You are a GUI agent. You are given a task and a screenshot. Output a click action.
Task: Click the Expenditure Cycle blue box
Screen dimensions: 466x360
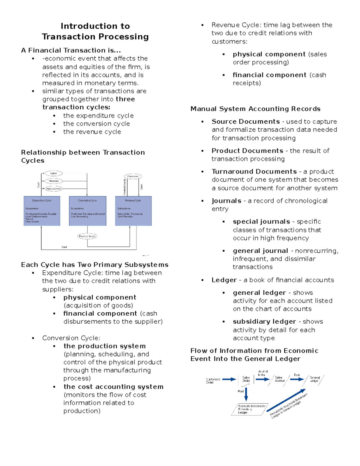[x=42, y=211]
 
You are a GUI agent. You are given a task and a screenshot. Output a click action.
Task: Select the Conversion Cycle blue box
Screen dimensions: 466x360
[x=88, y=211]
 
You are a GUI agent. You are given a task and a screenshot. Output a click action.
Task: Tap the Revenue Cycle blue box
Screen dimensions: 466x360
[x=133, y=211]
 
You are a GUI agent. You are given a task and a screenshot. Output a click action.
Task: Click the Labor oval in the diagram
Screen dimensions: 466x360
[x=53, y=173]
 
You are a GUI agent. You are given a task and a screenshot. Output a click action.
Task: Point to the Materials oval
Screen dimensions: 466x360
[x=53, y=181]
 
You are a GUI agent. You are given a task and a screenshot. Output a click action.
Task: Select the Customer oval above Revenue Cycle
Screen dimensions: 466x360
[x=133, y=176]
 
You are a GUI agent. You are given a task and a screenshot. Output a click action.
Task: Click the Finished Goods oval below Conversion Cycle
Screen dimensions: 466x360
[x=87, y=236]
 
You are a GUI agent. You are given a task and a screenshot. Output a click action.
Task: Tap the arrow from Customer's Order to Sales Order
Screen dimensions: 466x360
[x=229, y=379]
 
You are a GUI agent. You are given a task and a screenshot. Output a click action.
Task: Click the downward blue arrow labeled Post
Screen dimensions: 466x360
[x=246, y=394]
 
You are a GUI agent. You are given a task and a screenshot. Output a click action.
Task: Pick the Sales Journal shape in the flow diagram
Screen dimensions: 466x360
[x=280, y=379]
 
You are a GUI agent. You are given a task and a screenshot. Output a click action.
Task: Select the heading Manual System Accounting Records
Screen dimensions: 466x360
[x=255, y=109]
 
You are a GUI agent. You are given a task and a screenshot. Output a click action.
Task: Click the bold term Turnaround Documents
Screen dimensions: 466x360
[x=254, y=171]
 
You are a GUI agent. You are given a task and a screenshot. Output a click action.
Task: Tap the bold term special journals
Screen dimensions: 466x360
[x=261, y=221]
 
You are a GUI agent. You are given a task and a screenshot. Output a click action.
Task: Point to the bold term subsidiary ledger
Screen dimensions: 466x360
[x=264, y=321]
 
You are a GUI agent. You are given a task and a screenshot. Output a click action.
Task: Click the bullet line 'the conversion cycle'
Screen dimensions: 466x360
[x=96, y=124]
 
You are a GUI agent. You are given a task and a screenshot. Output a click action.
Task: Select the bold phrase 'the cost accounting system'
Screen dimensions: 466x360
[x=113, y=386]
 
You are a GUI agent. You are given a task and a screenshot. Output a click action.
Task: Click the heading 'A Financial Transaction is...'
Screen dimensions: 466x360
[x=71, y=50]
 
